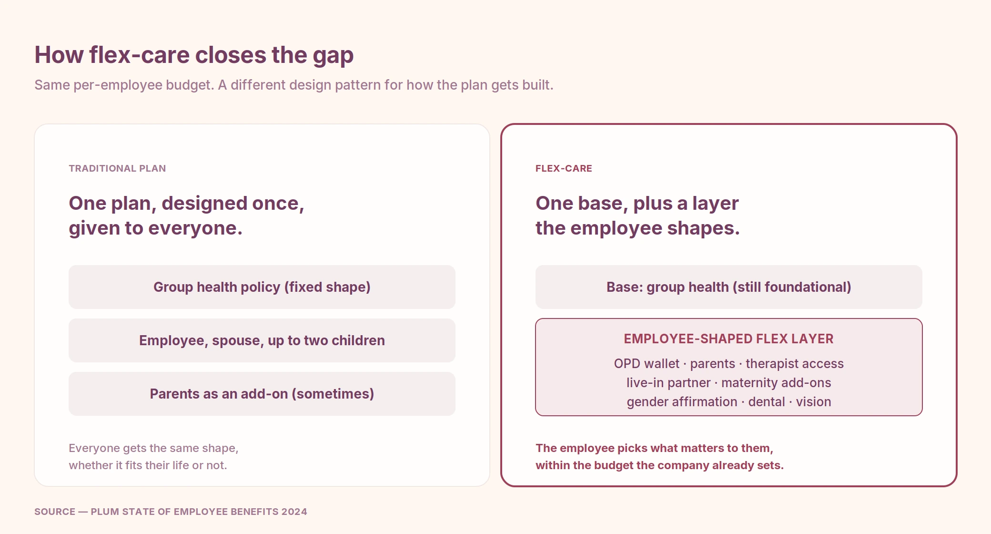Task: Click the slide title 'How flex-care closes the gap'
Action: [194, 55]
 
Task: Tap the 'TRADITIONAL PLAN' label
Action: [117, 168]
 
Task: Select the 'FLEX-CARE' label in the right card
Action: [564, 168]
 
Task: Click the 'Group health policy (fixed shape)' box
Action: [262, 287]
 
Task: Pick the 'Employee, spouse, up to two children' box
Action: [262, 340]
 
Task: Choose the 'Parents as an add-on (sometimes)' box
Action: [262, 394]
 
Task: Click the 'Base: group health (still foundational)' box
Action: [729, 287]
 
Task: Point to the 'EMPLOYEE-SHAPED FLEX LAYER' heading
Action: [729, 339]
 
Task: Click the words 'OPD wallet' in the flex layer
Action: [647, 364]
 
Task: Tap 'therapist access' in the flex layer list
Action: [795, 364]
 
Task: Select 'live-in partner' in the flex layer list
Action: [668, 383]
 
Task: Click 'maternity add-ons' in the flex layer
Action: [776, 383]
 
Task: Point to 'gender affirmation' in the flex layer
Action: [682, 402]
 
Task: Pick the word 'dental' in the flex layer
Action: [767, 402]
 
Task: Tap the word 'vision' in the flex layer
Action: [813, 402]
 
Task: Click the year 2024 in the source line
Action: [294, 512]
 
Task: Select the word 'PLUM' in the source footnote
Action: [104, 512]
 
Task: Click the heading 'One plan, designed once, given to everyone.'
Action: [186, 216]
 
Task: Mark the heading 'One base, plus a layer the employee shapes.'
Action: [637, 216]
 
